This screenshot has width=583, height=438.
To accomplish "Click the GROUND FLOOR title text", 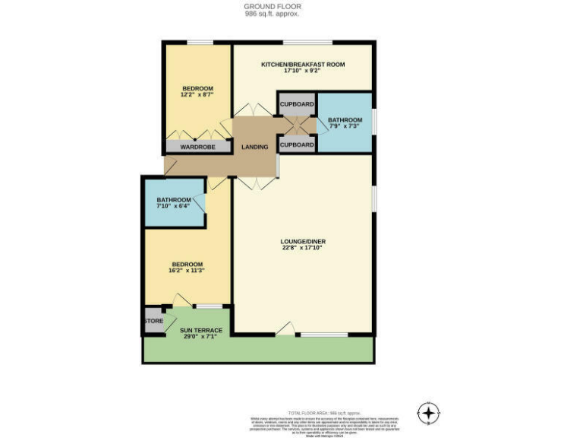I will coord(262,6).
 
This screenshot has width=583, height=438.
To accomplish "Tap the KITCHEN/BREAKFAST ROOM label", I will coord(303,65).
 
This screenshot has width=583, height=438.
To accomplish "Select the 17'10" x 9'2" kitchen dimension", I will coord(303,71).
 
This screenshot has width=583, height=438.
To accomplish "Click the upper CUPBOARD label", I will coord(297,104).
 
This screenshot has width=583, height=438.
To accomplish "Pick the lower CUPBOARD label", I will coord(297,144).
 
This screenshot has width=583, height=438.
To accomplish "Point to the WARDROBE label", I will coord(198,147).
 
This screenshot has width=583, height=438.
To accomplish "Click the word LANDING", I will coord(254,147).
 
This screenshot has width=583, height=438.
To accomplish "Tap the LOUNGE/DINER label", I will coord(304,242).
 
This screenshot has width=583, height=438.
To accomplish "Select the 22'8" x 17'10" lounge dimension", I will coord(304,249).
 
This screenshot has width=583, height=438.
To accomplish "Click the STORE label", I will coord(153,321).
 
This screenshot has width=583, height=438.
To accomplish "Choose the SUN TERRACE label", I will coord(201,330).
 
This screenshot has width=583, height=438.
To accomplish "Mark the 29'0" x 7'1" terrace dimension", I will coord(201,337).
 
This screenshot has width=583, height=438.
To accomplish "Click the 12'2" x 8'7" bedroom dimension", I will coord(197,95).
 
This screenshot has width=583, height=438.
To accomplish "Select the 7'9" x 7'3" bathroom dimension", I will coord(345,127).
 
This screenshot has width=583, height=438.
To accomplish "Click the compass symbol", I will coord(429,413).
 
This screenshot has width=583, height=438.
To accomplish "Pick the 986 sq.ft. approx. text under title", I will coord(262,14).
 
